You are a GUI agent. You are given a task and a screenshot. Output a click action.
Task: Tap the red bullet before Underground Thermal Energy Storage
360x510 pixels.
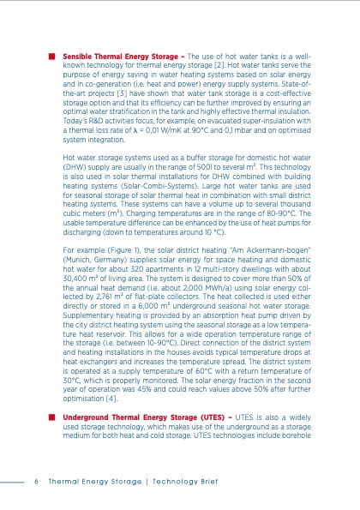click(x=53, y=413)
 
